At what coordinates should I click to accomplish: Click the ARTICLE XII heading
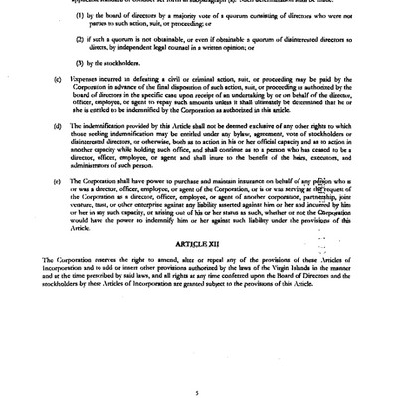pos(199,241)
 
